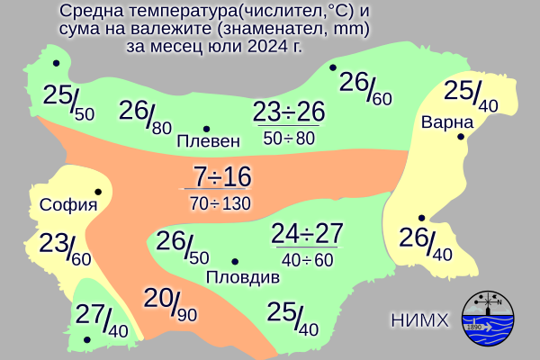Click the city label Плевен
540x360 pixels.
pos(209,141)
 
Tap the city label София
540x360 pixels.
pos(68,205)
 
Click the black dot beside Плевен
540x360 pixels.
pos(207,128)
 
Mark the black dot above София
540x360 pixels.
pos(97,192)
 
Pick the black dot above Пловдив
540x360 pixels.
pos(235,262)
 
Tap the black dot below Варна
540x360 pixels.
pos(460,137)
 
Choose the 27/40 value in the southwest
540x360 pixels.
pos(102,319)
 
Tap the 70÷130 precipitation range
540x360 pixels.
pos(220,202)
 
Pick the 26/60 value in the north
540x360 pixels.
pos(365,86)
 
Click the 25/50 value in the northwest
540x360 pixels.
pos(67,94)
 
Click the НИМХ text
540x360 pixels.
pos(419,319)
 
